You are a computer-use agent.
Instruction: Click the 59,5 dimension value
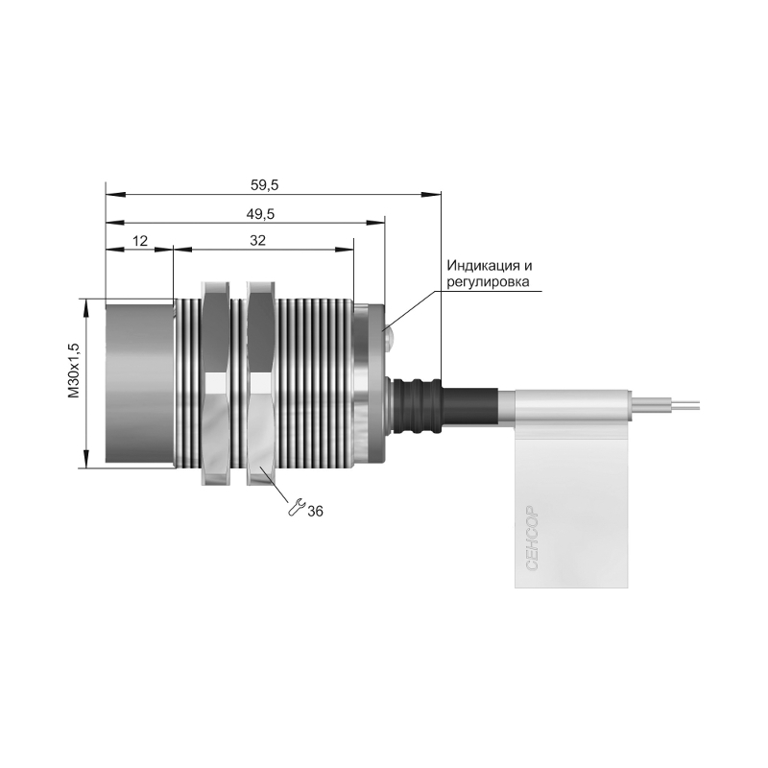(265, 185)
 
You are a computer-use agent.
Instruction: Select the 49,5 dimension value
(260, 214)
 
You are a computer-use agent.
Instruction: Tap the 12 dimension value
(140, 241)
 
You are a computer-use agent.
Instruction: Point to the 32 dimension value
(257, 241)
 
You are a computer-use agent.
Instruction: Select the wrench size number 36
(316, 512)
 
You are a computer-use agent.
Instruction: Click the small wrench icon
(297, 508)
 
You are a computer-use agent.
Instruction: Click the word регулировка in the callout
(488, 282)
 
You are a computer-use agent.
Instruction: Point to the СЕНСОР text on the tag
(533, 538)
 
